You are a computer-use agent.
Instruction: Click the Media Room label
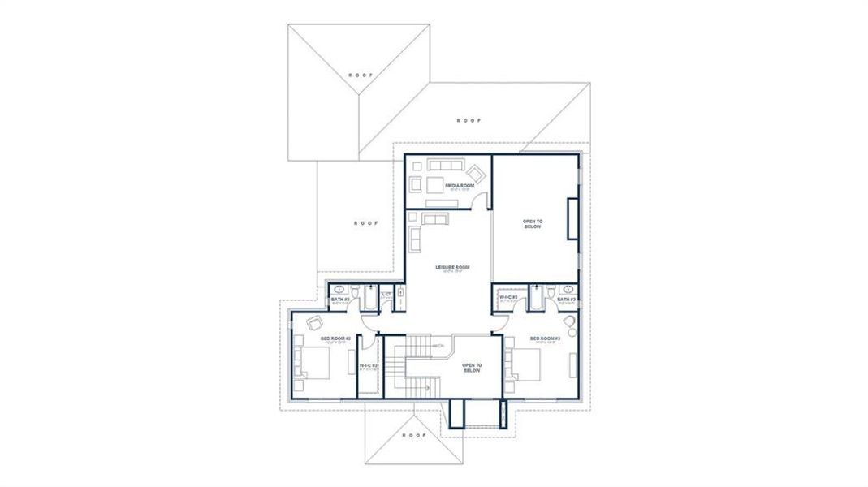pyautogui.click(x=447, y=185)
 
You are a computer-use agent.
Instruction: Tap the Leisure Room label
pyautogui.click(x=452, y=267)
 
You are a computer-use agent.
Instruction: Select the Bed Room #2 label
pyautogui.click(x=335, y=338)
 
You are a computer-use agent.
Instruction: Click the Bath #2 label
pyautogui.click(x=340, y=300)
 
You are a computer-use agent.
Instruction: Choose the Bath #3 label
pyautogui.click(x=566, y=300)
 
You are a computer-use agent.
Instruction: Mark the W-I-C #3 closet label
pyautogui.click(x=509, y=298)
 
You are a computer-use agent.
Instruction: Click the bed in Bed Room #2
pyautogui.click(x=313, y=362)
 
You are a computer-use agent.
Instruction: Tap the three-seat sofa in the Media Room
pyautogui.click(x=445, y=166)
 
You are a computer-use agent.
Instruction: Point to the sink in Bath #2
pyautogui.click(x=339, y=289)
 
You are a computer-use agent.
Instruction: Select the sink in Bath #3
pyautogui.click(x=568, y=289)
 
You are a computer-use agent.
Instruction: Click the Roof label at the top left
pyautogui.click(x=361, y=74)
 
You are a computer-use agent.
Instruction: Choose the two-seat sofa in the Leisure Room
pyautogui.click(x=434, y=218)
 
